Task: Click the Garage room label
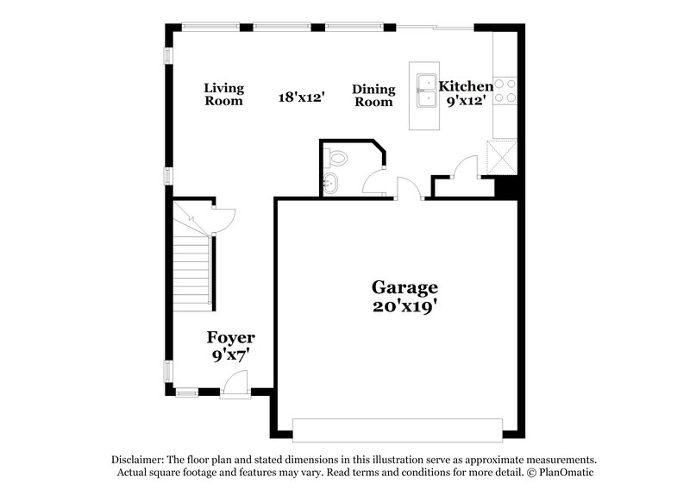tap(405, 287)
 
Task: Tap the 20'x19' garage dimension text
tap(405, 306)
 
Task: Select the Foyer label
tap(230, 337)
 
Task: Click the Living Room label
tap(223, 94)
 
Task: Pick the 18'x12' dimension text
tap(300, 97)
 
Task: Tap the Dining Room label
tap(373, 95)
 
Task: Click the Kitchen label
tap(466, 86)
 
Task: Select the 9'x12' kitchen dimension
tap(466, 100)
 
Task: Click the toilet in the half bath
tap(337, 158)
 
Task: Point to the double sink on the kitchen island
tap(427, 92)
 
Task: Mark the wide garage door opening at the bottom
tap(398, 429)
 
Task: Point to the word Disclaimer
tap(139, 460)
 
